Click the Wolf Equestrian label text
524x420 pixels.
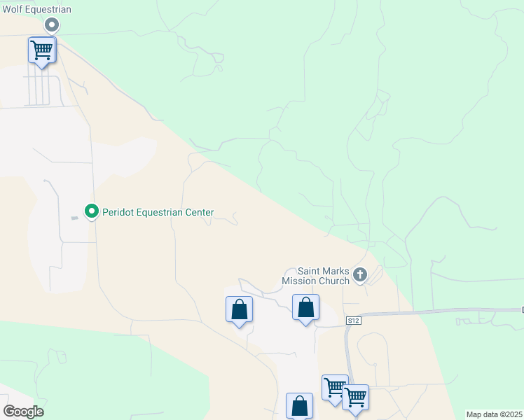click(x=36, y=9)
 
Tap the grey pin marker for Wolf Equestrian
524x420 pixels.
click(x=51, y=25)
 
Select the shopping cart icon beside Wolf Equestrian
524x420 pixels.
click(x=42, y=50)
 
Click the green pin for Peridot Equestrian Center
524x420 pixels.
click(x=91, y=210)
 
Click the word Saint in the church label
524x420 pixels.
click(x=310, y=272)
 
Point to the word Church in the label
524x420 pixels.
click(x=334, y=281)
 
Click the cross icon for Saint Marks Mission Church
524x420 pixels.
click(x=360, y=274)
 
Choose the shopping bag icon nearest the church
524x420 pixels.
click(x=305, y=307)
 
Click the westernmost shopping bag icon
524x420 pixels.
click(x=239, y=309)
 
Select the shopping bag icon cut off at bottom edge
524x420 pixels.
click(x=299, y=406)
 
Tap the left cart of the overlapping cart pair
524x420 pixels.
click(x=333, y=386)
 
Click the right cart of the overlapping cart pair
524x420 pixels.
click(x=356, y=397)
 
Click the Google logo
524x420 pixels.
click(x=23, y=412)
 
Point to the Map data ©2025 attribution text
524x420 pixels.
click(x=495, y=414)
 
